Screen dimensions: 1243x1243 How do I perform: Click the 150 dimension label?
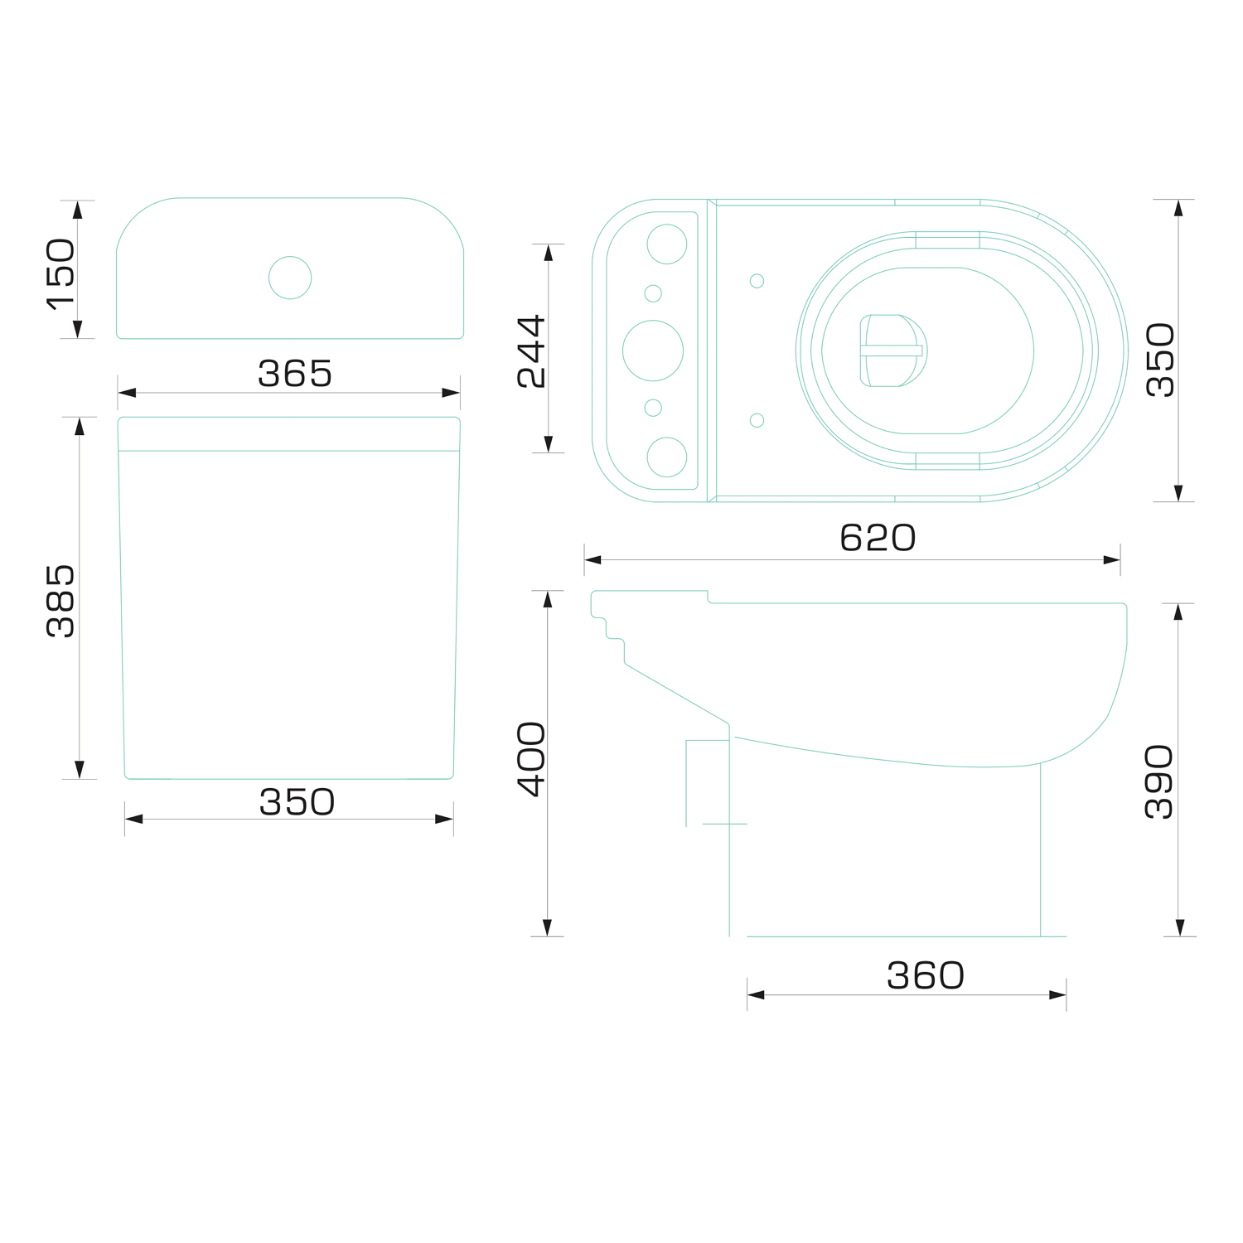60,274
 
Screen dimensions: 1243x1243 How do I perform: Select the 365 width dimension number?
295,374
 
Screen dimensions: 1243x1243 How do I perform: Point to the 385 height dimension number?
60,601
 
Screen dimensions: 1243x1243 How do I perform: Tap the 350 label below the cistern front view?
297,802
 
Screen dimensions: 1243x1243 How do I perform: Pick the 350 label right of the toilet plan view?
1160,360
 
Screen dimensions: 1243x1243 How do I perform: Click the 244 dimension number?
531,351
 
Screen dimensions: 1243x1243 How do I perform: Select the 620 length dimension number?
878,538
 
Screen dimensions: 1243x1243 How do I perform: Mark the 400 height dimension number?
531,759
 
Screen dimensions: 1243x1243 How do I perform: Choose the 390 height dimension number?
1159,781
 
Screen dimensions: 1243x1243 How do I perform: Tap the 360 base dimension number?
926,976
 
